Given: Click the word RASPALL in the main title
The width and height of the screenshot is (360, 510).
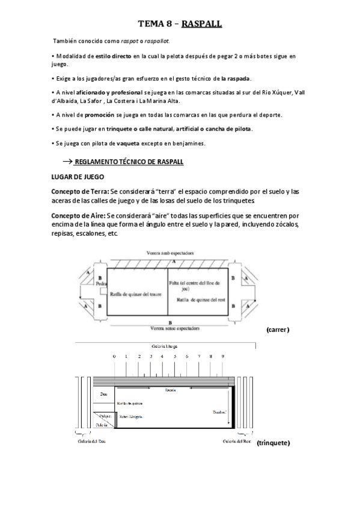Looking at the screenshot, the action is click(x=199, y=23).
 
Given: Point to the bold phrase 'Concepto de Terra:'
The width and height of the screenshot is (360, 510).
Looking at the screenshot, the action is click(x=76, y=191).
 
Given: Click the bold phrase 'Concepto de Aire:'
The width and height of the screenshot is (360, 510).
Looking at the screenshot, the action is click(x=75, y=215).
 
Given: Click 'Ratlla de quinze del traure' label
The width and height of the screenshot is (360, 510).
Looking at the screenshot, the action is click(x=136, y=294).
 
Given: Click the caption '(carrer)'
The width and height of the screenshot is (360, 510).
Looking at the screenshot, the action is click(x=276, y=330).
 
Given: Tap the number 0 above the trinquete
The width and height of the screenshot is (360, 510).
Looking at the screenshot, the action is click(x=114, y=357).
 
